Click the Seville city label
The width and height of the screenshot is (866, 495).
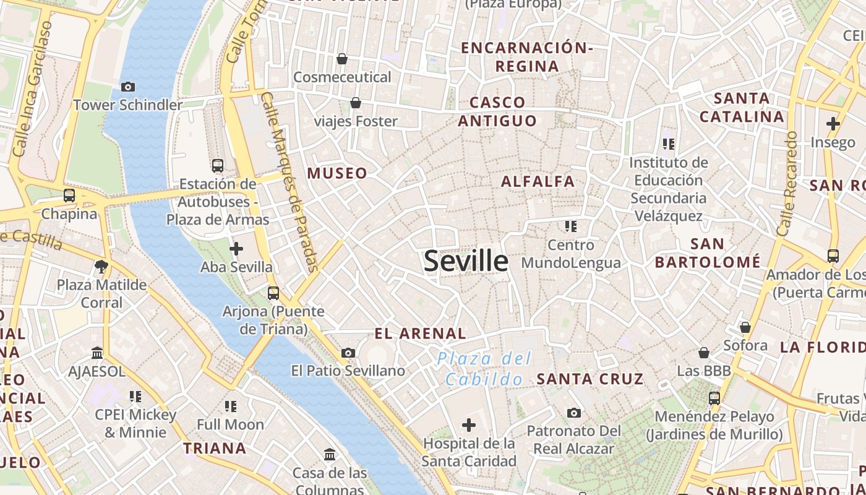466,261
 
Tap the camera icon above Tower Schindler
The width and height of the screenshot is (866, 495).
128,87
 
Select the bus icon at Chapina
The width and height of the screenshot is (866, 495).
69,196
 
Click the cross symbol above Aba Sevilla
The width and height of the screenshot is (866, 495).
236,249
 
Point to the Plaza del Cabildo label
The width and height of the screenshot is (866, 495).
484,369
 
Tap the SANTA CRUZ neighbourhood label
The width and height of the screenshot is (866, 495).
589,379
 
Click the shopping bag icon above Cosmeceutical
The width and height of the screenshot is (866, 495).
342,59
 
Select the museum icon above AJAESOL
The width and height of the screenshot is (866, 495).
97,353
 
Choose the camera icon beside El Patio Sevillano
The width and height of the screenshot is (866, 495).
348,353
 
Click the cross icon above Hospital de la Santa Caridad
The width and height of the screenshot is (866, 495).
469,425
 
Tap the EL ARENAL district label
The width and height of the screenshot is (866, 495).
420,334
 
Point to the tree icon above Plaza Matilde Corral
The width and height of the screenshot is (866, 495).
101,267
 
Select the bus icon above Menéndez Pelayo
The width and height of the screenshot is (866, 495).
714,398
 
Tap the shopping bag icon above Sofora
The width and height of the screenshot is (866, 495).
745,327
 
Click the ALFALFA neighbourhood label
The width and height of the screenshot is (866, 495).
538,181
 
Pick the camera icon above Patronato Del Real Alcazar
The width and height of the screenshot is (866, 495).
574,413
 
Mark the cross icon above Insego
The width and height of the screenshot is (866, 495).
833,124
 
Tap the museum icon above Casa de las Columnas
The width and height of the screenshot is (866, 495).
330,455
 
